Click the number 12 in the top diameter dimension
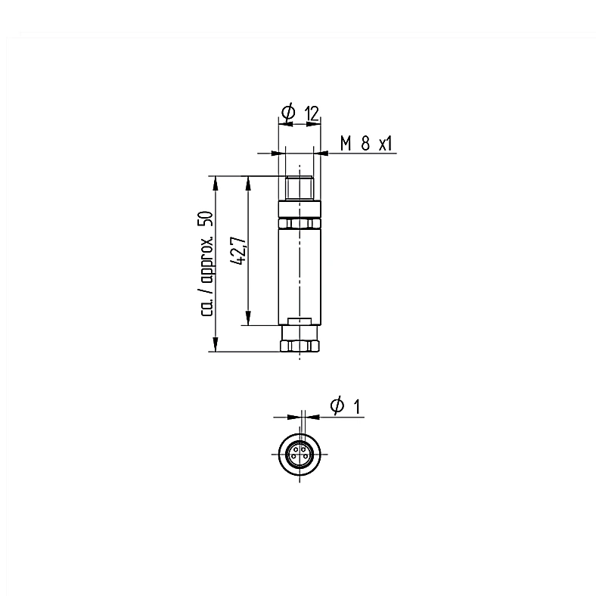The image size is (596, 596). (312, 113)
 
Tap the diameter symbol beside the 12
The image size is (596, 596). (288, 112)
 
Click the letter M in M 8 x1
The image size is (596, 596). (346, 144)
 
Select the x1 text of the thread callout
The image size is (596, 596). (385, 144)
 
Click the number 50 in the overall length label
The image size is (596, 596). (207, 220)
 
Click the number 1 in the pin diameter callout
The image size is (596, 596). (356, 407)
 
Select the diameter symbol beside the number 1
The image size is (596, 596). (337, 405)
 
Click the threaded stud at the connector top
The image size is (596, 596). (300, 188)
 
